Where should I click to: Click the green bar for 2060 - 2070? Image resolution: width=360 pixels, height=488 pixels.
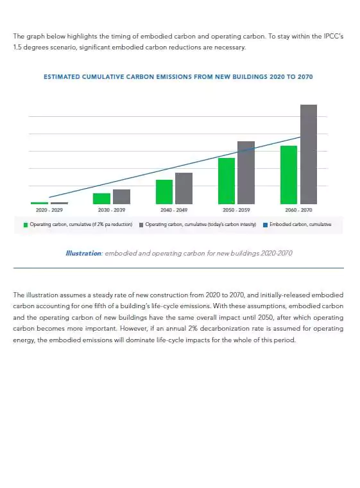tap(288, 175)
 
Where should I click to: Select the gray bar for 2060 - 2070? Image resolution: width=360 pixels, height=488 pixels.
tap(308, 154)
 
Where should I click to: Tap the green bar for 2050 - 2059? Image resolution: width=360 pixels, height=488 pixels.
tap(226, 180)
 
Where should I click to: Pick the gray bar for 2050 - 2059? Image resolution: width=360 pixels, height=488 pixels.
tap(246, 172)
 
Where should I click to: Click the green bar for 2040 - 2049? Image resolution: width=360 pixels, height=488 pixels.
tap(164, 191)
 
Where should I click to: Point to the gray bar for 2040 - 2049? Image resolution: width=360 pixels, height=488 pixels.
tap(184, 188)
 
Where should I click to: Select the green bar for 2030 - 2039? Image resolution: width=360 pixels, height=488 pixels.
tap(101, 198)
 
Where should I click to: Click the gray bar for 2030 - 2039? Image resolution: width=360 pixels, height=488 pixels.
tap(121, 196)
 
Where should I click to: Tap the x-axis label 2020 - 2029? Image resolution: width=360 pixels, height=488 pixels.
tap(49, 210)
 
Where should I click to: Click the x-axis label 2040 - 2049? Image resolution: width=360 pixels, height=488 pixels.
tap(174, 210)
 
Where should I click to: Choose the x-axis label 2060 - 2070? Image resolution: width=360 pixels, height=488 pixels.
tap(298, 210)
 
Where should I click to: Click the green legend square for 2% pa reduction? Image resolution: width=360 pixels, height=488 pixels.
tap(26, 225)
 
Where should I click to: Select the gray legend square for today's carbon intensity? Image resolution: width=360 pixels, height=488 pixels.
tap(141, 225)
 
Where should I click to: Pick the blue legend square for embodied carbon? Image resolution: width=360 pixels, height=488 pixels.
tap(265, 225)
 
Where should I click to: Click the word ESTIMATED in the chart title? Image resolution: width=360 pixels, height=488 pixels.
tap(62, 77)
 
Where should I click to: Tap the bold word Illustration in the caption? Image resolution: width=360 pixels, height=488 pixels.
tap(83, 253)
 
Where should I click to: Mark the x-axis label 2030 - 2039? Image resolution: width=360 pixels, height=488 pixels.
tap(112, 210)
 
